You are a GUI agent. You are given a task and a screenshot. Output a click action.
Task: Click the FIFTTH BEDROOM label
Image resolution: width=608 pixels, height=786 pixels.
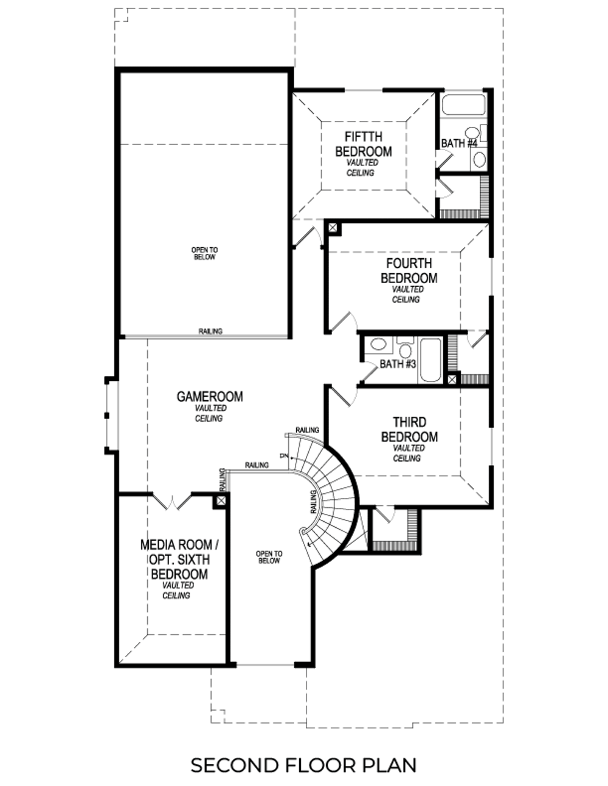coord(363,144)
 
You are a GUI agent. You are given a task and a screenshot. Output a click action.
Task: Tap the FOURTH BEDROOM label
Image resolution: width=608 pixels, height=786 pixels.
coord(409,271)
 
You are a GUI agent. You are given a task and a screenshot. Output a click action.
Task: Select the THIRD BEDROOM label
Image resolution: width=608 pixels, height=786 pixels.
coord(409,429)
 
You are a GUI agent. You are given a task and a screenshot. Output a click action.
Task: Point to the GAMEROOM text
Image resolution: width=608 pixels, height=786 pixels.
coord(209,397)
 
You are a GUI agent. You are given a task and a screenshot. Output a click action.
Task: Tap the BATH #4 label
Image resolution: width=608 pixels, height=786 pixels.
coord(458,143)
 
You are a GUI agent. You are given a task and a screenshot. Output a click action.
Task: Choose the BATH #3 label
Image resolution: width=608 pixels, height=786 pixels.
coord(397,364)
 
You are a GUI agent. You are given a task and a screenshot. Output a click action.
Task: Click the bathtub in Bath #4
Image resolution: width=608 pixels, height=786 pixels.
coord(463,104)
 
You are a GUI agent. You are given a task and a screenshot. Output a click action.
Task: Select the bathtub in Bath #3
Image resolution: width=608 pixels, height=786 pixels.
coord(430,360)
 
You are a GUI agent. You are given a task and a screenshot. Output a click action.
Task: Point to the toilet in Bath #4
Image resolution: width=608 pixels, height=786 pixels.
coord(472,132)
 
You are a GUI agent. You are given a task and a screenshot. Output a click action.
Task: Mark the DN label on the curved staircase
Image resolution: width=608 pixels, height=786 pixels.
coord(283,456)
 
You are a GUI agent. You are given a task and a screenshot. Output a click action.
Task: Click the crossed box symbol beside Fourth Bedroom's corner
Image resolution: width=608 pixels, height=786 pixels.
coord(333,228)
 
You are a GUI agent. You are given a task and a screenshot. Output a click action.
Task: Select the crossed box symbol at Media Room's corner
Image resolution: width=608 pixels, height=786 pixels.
coord(221,501)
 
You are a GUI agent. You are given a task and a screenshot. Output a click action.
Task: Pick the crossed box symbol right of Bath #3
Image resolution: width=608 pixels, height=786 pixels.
coord(452,380)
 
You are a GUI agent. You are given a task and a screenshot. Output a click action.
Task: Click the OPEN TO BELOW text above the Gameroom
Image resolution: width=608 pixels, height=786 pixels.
coord(204,253)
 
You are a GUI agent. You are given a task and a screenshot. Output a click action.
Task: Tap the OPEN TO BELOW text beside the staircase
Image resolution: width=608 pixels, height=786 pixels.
coord(269,557)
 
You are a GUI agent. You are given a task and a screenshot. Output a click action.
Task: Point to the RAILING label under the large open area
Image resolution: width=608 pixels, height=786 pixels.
coord(210,331)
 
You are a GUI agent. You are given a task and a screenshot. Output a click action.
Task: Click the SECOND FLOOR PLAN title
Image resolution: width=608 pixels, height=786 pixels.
coord(303,765)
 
